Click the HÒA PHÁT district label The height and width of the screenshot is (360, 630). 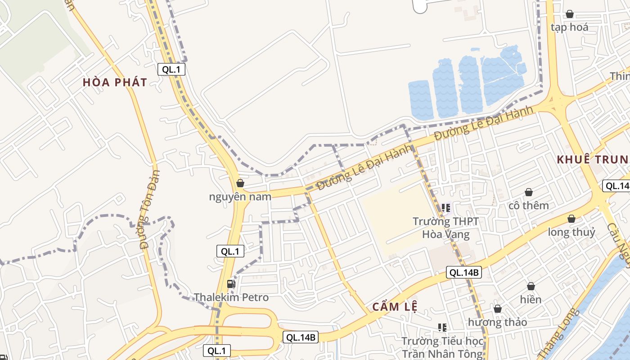(x=115, y=82)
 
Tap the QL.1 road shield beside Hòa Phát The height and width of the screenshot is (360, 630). (x=171, y=69)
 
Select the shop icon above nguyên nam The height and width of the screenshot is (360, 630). (x=240, y=183)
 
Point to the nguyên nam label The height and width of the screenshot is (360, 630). (x=240, y=197)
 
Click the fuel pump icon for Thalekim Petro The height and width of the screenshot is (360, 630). (x=231, y=283)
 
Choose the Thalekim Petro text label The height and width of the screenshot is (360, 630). (x=231, y=297)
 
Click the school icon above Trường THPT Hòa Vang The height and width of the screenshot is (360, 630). (x=445, y=208)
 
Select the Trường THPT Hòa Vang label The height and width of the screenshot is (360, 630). (x=445, y=228)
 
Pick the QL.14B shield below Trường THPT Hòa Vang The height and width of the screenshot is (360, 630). (x=464, y=272)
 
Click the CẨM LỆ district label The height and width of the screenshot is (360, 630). (x=395, y=307)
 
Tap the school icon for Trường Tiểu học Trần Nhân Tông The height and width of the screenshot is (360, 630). (x=442, y=327)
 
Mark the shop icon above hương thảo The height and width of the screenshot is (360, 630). (x=498, y=309)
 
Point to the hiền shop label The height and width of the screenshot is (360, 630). (x=531, y=299)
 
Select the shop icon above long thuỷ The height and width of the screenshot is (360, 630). (x=571, y=219)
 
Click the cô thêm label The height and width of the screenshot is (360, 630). (x=529, y=206)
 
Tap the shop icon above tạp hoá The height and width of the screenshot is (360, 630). (x=570, y=14)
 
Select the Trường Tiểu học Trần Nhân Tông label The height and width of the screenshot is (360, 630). (x=442, y=347)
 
